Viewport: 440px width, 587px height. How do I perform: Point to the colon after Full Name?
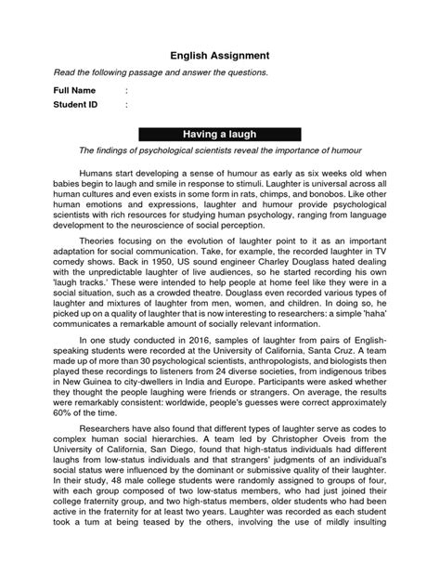(125, 90)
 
